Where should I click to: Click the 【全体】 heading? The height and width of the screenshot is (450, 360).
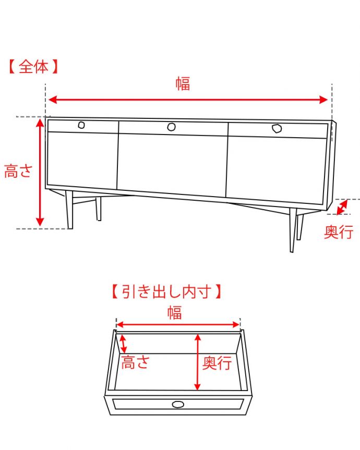tap(32, 67)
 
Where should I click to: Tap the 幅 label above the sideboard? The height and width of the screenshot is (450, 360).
tap(183, 83)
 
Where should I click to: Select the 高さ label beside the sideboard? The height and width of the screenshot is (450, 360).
tap(18, 171)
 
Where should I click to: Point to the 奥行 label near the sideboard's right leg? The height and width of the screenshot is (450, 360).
tap(339, 233)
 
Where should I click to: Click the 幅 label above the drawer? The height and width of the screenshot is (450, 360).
tap(175, 313)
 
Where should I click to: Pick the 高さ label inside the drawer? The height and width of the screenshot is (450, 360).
tap(136, 362)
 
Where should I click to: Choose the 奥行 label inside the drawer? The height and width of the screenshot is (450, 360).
tap(217, 363)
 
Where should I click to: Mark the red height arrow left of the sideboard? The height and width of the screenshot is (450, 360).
tap(40, 172)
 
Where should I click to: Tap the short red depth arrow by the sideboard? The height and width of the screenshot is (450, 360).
tap(342, 207)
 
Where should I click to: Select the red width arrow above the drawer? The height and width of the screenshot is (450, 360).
tap(177, 324)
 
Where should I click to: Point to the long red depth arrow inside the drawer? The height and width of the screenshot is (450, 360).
tap(197, 362)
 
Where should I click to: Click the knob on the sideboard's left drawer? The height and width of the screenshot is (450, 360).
tap(81, 125)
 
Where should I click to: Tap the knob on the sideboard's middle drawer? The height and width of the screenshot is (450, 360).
tap(171, 127)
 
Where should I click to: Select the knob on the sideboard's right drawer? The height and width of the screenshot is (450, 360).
tap(276, 128)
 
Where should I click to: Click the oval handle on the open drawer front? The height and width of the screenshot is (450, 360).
tap(178, 404)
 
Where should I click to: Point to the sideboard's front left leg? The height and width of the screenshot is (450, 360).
tap(69, 210)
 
